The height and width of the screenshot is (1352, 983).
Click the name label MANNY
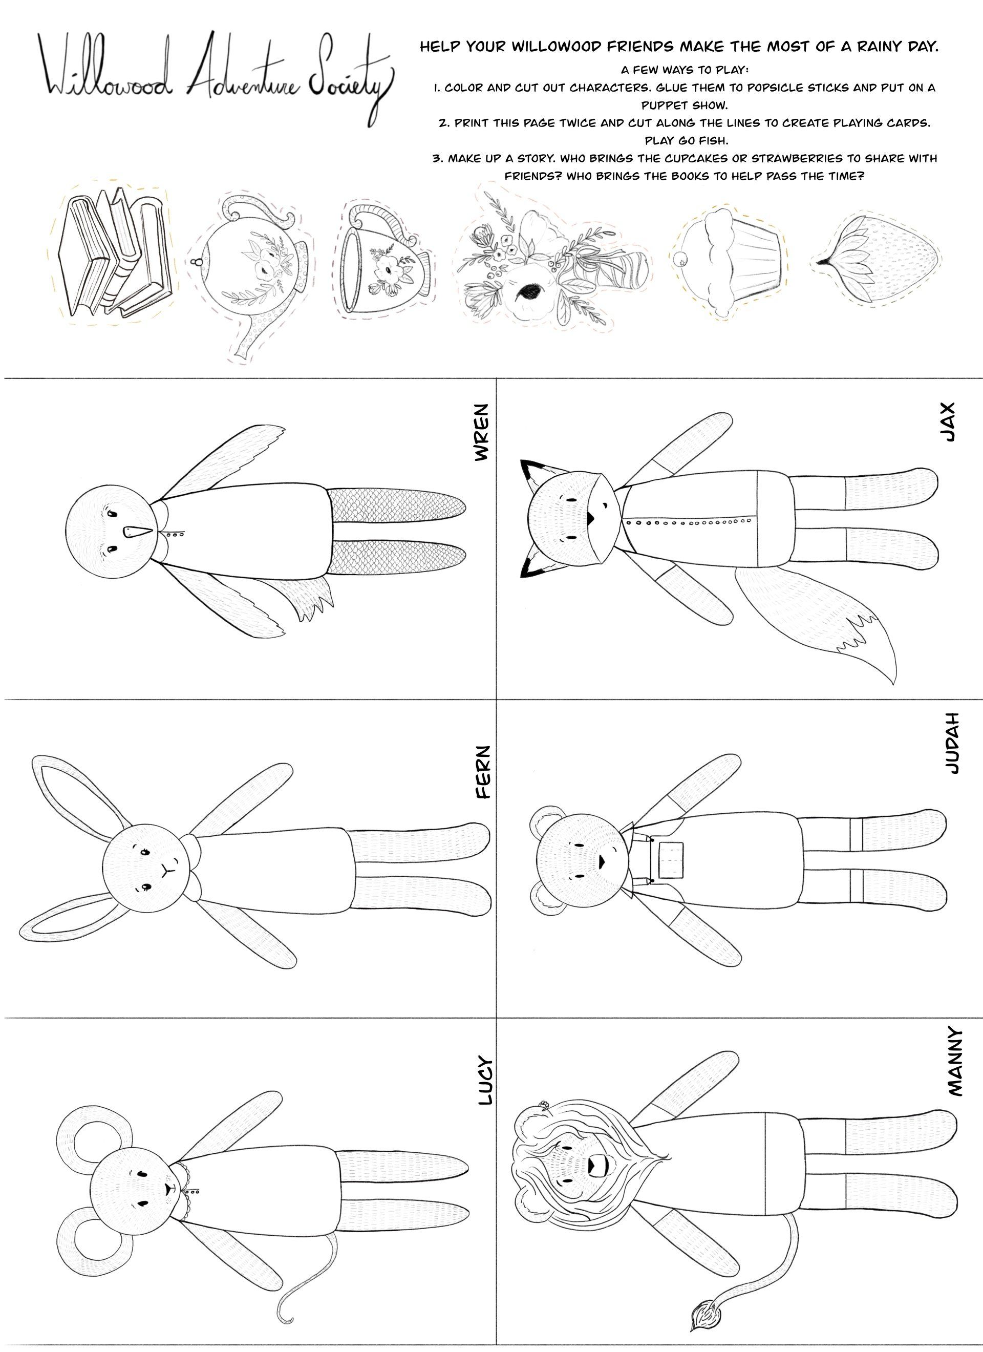tap(954, 1061)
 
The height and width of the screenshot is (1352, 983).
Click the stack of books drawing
tap(113, 253)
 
